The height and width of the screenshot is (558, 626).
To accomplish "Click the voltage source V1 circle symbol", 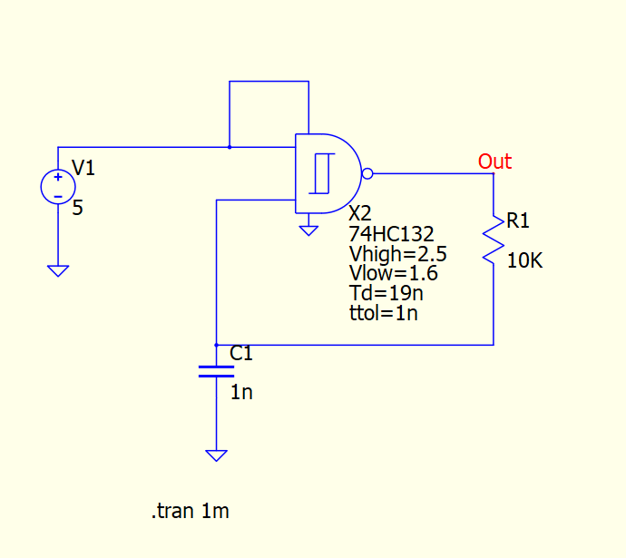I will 58,186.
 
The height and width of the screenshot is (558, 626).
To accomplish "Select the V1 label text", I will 83,167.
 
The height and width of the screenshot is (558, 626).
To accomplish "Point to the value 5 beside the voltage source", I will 77,208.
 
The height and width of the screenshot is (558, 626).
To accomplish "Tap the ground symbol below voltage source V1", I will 58,270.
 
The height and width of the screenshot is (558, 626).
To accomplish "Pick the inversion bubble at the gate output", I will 367,173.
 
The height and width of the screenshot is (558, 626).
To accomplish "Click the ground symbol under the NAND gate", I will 309,230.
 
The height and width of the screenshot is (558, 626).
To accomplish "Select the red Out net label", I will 494,162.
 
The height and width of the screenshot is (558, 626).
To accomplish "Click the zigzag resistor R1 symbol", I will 494,240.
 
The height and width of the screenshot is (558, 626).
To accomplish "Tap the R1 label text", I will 518,220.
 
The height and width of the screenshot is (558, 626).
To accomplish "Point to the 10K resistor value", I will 524,261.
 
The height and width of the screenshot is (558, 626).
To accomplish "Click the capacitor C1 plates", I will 216,370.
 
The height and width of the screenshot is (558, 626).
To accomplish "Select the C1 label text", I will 241,353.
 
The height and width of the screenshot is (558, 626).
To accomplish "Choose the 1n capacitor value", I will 240,393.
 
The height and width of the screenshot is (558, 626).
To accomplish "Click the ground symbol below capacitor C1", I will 216,455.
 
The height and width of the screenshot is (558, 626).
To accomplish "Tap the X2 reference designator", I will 359,213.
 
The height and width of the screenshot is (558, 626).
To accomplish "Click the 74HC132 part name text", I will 391,233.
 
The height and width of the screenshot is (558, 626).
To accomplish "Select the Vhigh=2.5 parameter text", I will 397,253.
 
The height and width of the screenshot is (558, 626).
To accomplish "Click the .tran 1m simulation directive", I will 190,512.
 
